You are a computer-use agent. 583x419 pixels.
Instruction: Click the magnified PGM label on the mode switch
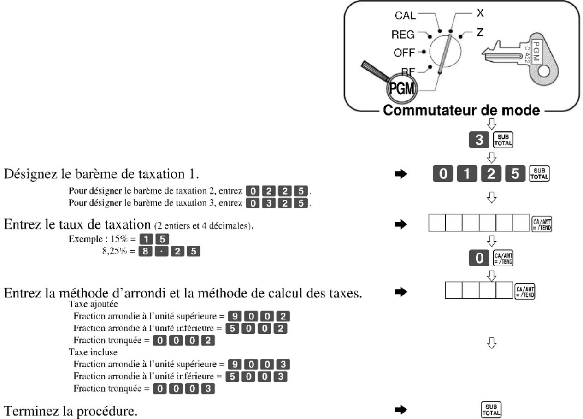tap(401, 88)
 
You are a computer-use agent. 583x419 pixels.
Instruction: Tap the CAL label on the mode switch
tap(405, 16)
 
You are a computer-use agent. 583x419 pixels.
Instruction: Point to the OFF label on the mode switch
tap(404, 53)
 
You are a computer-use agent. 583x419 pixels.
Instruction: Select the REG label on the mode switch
tap(403, 35)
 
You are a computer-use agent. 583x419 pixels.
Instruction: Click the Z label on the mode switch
tap(480, 32)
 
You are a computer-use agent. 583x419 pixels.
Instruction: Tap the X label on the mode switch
tap(480, 13)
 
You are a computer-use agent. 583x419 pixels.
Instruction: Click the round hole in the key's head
tap(544, 71)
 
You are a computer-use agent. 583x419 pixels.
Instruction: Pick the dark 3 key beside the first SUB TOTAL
tap(479, 140)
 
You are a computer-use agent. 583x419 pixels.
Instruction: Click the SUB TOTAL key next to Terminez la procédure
tap(491, 410)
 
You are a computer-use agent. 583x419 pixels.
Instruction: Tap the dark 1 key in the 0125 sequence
tap(467, 174)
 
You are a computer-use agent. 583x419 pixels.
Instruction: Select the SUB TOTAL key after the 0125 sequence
tap(539, 174)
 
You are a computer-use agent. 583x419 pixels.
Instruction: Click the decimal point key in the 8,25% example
tap(161, 251)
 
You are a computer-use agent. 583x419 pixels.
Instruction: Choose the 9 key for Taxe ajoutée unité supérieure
tap(235, 316)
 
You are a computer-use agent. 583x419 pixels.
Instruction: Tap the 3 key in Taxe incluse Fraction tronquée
tap(208, 389)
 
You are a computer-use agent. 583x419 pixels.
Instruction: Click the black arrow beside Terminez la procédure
tap(400, 410)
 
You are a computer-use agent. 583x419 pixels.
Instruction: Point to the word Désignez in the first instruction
tap(31, 174)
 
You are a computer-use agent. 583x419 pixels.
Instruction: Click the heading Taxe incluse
tap(93, 352)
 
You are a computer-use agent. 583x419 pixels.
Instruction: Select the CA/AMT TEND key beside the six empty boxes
tap(542, 224)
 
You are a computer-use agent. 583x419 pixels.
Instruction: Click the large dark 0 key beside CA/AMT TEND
tap(479, 258)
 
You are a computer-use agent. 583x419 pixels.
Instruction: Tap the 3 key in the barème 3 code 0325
tap(269, 203)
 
